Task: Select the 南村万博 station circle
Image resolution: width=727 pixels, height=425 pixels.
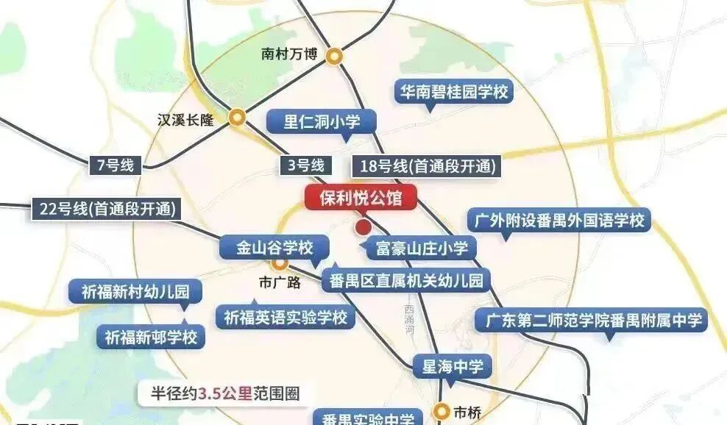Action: (x=335, y=54)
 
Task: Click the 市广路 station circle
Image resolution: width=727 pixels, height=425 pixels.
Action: (x=280, y=263)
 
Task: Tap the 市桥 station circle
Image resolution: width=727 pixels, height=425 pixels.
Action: (x=441, y=411)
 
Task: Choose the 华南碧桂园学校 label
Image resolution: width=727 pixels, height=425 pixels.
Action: (x=453, y=93)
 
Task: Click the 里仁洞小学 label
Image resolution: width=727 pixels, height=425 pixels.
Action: (x=322, y=122)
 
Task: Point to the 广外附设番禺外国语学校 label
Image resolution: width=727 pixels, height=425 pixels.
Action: (x=559, y=221)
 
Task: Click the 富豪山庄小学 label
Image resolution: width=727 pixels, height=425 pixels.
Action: (x=422, y=248)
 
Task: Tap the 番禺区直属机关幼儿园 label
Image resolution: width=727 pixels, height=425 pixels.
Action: (x=405, y=279)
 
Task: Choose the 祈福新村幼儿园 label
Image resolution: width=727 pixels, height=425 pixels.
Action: (x=130, y=291)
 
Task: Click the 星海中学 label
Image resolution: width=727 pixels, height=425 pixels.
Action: (x=452, y=365)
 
